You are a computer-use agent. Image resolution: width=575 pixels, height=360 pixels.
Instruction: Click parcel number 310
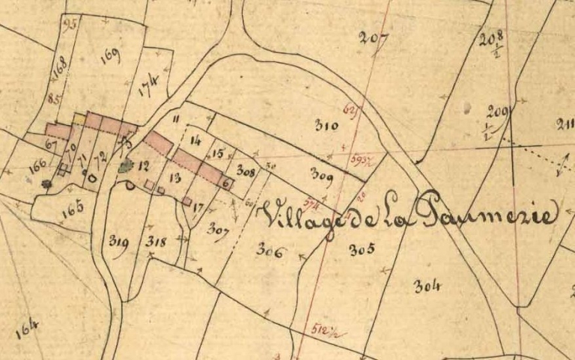[x=326, y=126]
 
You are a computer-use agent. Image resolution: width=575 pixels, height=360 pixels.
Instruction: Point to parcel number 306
[x=270, y=251]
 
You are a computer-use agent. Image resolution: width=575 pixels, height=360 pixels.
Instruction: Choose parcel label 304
[x=428, y=285]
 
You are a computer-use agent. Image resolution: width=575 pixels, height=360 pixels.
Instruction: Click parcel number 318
[x=156, y=241]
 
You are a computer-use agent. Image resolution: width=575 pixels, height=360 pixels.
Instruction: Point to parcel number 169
[x=109, y=55]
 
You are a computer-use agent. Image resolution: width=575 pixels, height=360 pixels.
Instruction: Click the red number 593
[x=361, y=159]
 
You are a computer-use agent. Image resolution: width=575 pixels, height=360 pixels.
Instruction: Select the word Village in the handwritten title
[x=298, y=216]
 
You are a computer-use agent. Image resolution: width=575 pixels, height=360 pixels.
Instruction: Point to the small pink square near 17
[x=186, y=201]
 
